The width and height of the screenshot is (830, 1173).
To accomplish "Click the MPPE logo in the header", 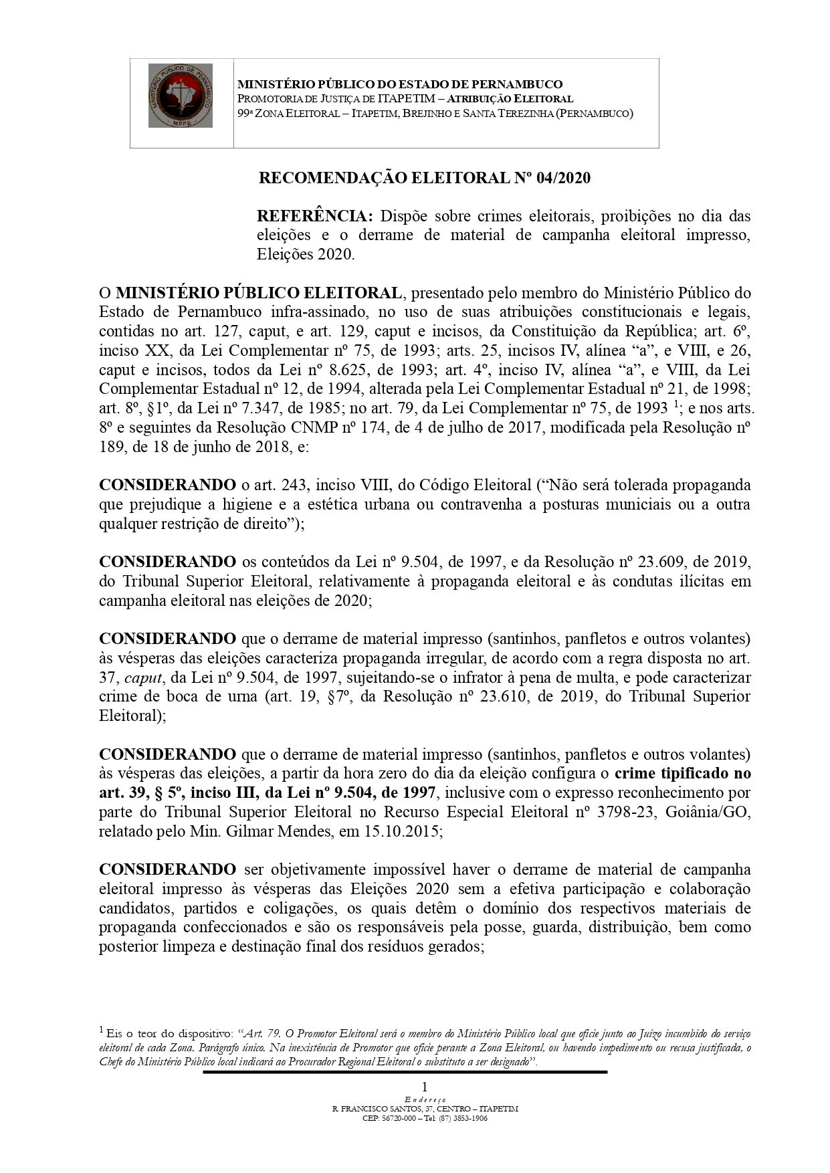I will coord(181,96).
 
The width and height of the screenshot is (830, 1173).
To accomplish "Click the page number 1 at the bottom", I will coord(424,1087).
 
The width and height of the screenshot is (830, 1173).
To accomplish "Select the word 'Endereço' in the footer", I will coord(425,1099).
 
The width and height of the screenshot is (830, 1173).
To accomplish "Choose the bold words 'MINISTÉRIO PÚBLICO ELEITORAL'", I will coord(259,293).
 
